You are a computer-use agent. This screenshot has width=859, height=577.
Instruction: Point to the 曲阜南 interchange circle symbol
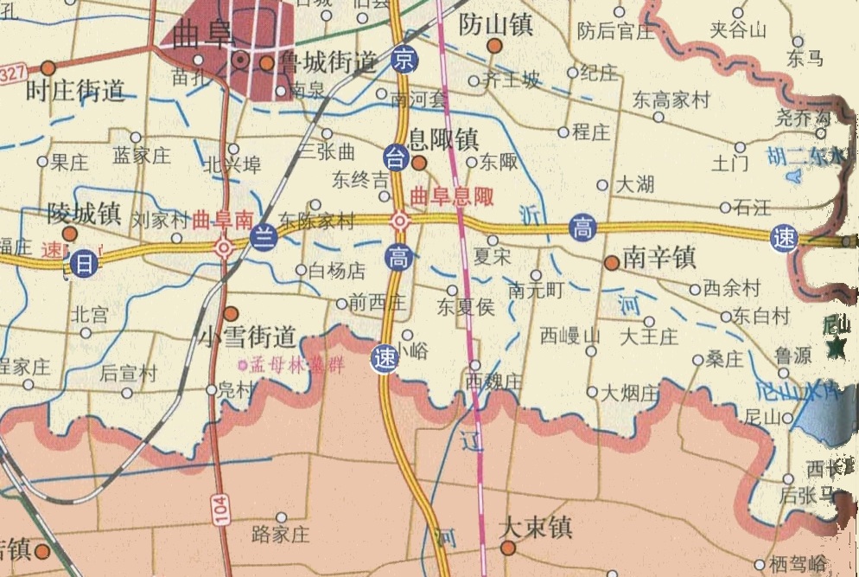224,248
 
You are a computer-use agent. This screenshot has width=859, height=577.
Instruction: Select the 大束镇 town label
536,527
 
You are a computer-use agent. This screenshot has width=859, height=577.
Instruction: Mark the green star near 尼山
837,348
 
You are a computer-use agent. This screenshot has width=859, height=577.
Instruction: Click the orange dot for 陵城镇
70,234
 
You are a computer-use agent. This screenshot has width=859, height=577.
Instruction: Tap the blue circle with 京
401,59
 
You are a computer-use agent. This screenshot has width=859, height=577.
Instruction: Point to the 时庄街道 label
76,90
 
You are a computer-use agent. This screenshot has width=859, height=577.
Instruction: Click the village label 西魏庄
494,381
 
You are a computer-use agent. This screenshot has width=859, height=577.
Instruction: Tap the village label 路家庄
280,534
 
